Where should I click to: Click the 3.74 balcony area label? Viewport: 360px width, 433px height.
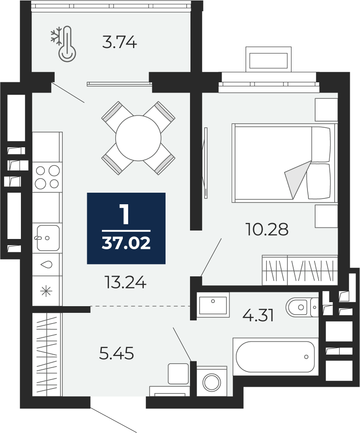[119, 43]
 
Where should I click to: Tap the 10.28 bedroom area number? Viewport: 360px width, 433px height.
[267, 230]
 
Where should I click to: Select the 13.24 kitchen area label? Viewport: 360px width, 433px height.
[125, 283]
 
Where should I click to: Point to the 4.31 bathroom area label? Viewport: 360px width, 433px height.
[258, 316]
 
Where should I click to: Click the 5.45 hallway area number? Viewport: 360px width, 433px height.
[117, 353]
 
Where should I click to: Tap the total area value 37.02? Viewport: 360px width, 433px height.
[126, 243]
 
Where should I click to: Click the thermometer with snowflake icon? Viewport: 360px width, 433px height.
[63, 43]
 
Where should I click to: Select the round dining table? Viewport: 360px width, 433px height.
[138, 138]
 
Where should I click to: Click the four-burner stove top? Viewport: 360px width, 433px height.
[47, 177]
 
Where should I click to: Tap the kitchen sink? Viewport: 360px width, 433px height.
[47, 238]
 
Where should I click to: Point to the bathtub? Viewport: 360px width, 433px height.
[275, 357]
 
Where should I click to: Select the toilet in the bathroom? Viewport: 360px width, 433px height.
[302, 307]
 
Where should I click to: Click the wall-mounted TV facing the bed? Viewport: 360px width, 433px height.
[205, 162]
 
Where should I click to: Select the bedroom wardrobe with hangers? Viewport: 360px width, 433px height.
[300, 270]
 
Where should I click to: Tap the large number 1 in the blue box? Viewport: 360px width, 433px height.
[125, 214]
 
